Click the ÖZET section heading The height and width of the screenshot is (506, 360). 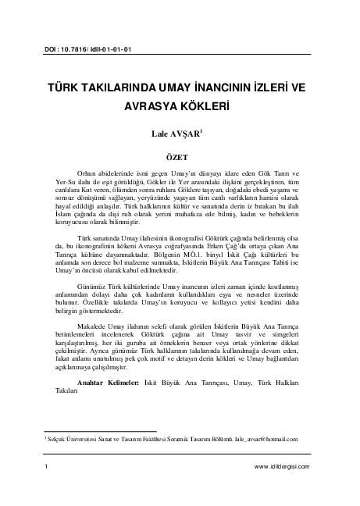[179, 155]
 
